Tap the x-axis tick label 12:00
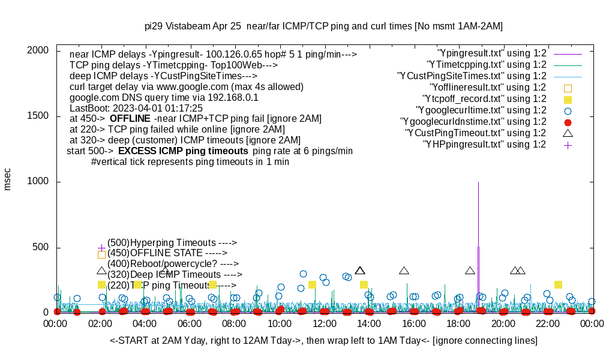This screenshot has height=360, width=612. (325, 324)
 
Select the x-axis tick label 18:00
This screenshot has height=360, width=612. (459, 324)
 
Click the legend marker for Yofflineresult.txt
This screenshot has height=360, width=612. (568, 88)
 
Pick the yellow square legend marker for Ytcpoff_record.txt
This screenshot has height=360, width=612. (568, 99)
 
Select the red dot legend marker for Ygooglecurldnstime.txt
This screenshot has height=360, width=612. (568, 122)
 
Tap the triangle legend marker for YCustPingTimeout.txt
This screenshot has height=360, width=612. (568, 133)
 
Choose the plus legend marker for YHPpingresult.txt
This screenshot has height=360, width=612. (568, 145)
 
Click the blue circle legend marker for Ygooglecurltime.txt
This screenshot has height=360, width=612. (568, 110)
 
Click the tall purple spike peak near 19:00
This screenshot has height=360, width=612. (478, 183)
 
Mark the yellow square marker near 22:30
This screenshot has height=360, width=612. (558, 284)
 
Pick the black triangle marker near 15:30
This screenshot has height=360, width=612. (404, 271)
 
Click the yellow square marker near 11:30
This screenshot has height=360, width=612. (312, 284)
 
